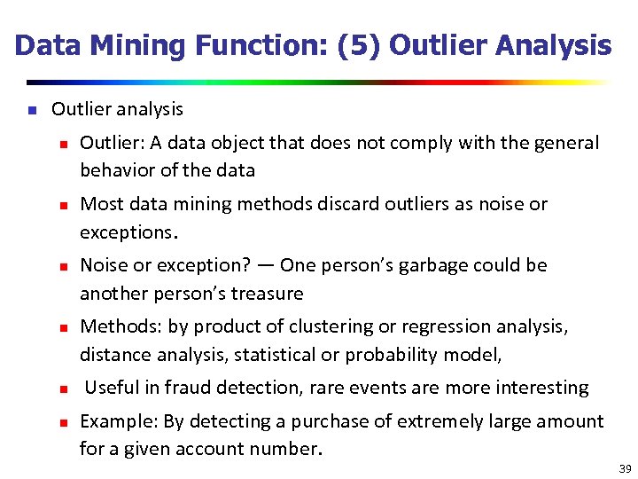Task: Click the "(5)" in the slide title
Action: tap(361, 46)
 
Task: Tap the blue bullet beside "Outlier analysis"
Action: tap(30, 111)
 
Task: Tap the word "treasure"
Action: tap(267, 294)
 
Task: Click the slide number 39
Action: tap(625, 468)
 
